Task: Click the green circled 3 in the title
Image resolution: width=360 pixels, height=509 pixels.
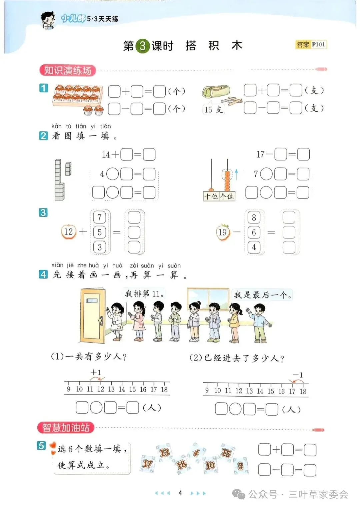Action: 142,46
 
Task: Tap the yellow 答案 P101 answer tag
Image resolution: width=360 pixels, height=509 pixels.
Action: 311,45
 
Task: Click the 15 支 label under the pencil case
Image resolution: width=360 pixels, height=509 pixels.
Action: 213,109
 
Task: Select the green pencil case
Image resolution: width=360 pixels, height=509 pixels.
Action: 216,92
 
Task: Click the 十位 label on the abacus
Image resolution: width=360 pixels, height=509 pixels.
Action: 211,196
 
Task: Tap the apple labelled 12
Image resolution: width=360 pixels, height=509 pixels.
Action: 68,232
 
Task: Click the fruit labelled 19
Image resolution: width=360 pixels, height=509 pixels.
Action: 223,232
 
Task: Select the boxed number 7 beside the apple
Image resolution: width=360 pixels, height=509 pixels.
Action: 99,217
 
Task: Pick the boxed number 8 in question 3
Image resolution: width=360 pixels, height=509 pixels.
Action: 254,217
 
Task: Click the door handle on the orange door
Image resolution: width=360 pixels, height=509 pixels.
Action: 100,320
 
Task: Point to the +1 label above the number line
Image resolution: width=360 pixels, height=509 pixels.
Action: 96,372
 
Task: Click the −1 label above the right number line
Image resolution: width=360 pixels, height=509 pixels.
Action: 298,375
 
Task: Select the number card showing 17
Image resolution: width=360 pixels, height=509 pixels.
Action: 147,464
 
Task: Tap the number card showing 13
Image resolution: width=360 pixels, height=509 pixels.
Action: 164,452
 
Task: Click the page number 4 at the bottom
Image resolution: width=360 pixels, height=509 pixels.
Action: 180,493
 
